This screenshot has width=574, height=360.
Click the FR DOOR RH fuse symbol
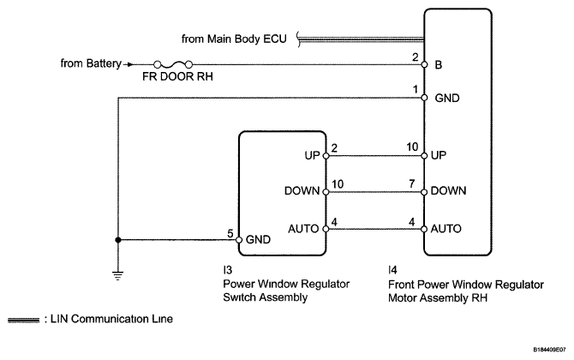coord(173,63)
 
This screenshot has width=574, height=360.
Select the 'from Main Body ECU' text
coord(235,39)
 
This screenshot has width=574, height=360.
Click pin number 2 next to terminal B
coord(415,57)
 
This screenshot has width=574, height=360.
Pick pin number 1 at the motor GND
coord(415,89)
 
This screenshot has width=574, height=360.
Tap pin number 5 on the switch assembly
coord(229,232)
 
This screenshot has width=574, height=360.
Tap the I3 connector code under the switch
coord(226,269)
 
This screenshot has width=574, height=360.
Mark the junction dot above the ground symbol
coord(118,240)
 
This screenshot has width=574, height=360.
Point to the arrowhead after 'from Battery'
coord(130,63)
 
